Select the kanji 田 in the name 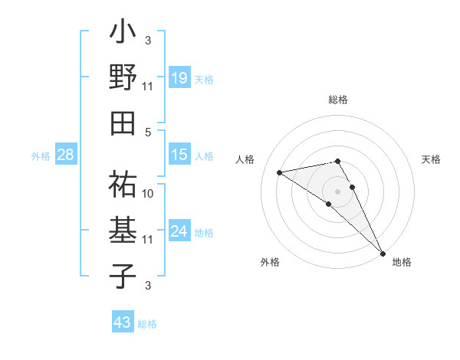[123, 121]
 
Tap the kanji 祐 [123, 184]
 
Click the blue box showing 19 [179, 77]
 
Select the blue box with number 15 [179, 155]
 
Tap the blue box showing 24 [179, 231]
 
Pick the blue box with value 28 [66, 155]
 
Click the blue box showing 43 [122, 322]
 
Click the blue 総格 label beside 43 [147, 324]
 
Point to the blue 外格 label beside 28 [41, 156]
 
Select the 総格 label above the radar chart [337, 100]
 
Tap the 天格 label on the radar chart [432, 159]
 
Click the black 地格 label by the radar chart [402, 263]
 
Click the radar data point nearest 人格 [279, 172]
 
